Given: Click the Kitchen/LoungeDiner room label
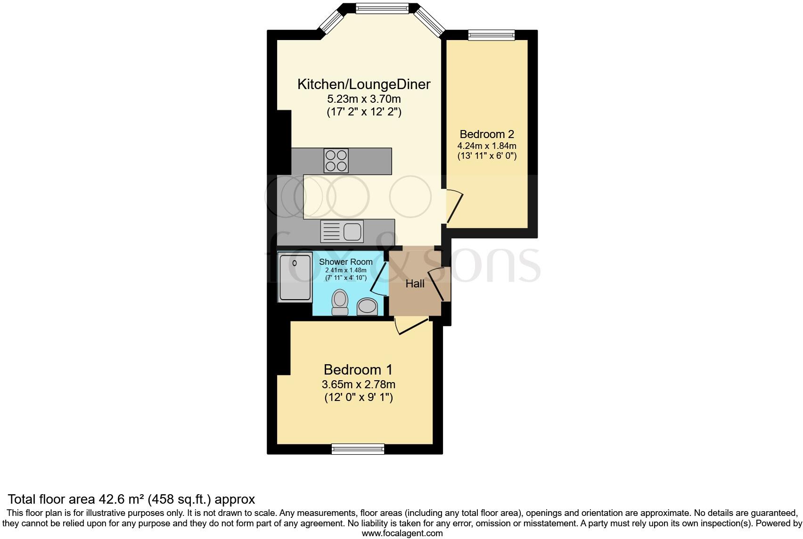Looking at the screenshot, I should (364, 84).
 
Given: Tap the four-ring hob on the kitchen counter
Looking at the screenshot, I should (336, 161).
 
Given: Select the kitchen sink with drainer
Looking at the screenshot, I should (342, 231).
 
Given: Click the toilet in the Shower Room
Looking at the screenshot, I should (340, 302).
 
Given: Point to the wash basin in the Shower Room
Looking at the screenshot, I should (367, 307).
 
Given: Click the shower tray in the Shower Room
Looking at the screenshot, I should (295, 277).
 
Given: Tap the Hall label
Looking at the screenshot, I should (415, 284).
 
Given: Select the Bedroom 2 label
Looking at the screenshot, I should (487, 134).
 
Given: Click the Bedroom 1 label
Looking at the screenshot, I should (358, 369).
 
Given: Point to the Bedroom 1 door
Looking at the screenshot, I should (412, 326).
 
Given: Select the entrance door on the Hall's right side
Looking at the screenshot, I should (438, 284).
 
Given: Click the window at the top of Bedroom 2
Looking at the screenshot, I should (491, 35).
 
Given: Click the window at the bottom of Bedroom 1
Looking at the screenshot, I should (358, 449).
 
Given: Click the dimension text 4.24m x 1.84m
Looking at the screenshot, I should (487, 146).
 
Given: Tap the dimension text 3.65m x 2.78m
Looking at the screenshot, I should (358, 384).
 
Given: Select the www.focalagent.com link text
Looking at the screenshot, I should (402, 533).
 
